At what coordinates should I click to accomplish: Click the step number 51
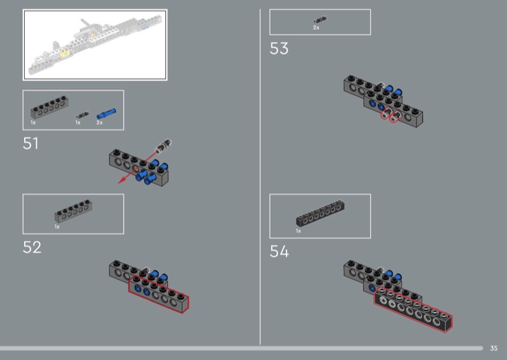(x=30, y=143)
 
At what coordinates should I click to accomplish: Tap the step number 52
(x=32, y=247)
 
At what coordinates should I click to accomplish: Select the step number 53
(x=279, y=49)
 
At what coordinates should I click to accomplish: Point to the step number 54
(x=279, y=252)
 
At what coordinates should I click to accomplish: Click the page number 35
(x=494, y=349)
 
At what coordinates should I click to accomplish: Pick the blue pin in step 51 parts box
(x=106, y=113)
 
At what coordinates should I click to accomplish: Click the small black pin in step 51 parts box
(x=82, y=115)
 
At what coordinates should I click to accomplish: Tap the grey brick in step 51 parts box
(x=49, y=107)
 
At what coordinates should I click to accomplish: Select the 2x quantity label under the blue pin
(x=99, y=122)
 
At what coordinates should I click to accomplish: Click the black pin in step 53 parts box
(x=320, y=20)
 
